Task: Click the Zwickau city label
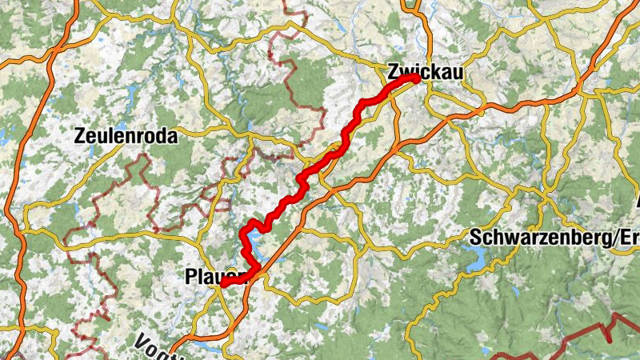coord(425,70)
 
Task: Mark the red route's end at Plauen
coord(223,284)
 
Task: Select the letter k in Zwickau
coord(436,70)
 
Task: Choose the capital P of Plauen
coord(190,277)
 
